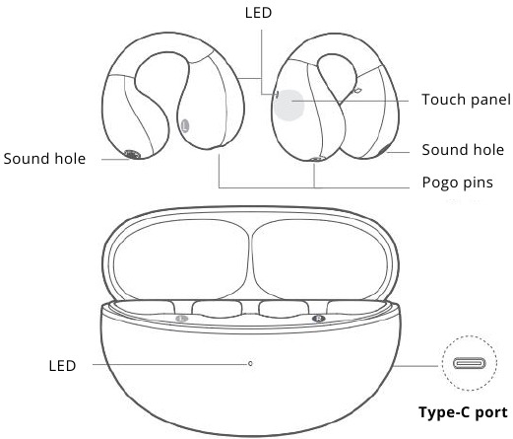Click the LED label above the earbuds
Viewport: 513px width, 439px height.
[x=258, y=13]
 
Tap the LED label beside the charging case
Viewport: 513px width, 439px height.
[x=62, y=366]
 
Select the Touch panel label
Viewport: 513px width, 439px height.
[x=466, y=100]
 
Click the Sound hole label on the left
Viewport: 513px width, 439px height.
[x=44, y=159]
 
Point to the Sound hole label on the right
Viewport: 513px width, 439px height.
[x=463, y=150]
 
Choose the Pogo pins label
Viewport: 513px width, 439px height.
[x=458, y=183]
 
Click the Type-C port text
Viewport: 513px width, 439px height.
[x=463, y=412]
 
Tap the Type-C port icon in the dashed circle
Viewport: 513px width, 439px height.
[x=470, y=363]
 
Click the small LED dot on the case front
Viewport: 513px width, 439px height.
[x=250, y=364]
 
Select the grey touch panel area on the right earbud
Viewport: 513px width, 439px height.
[x=289, y=105]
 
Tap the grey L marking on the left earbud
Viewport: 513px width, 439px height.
[x=185, y=125]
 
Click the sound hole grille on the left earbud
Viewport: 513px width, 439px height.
[x=133, y=154]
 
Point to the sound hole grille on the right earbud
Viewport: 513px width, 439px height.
[x=385, y=149]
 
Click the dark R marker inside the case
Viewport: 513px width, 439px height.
[x=319, y=319]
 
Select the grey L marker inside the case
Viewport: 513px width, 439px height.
[x=182, y=319]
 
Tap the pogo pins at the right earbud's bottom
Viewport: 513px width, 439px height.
[x=317, y=159]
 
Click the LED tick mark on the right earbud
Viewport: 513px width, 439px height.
[x=277, y=95]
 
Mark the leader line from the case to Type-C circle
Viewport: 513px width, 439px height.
[x=417, y=366]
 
